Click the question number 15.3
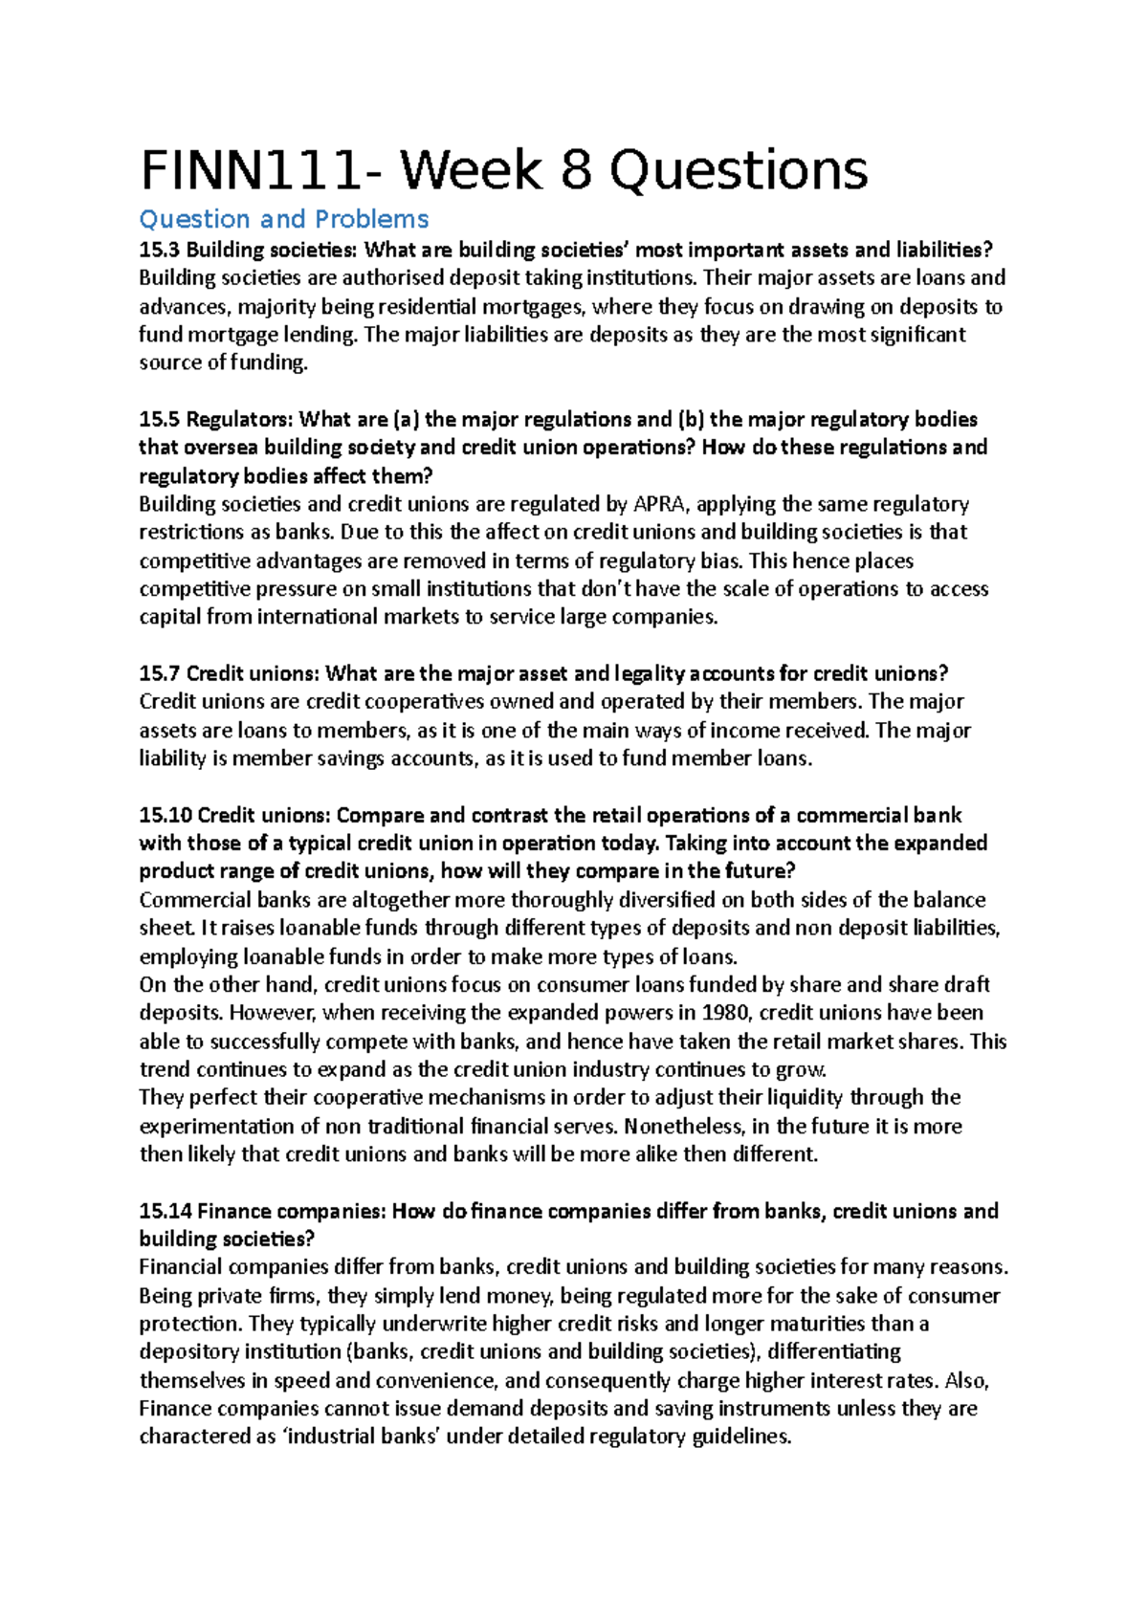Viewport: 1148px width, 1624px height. tap(159, 251)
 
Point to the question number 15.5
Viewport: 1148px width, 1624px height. tap(159, 420)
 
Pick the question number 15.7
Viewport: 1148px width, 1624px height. tap(159, 673)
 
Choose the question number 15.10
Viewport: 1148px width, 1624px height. tap(166, 815)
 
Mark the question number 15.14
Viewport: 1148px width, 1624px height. tap(166, 1211)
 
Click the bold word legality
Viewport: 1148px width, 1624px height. tap(651, 673)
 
